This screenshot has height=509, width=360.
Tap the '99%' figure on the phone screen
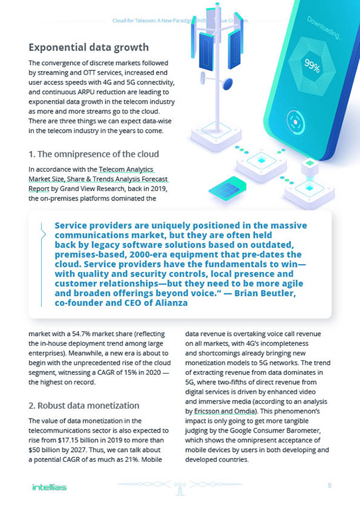point(312,65)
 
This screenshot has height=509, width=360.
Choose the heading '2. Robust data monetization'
point(83,404)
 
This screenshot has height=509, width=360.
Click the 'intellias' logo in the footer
point(48,488)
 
